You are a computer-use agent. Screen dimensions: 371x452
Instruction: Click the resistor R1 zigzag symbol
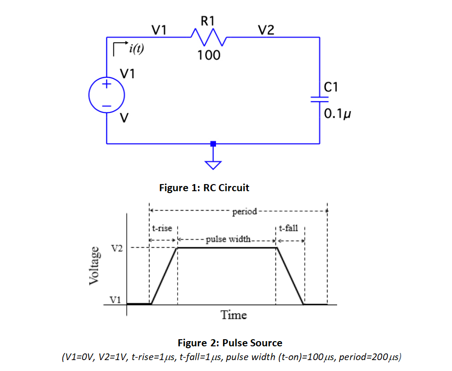coord(208,36)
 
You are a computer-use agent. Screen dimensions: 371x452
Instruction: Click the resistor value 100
coord(209,56)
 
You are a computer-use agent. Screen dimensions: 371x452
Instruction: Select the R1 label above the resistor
coord(208,20)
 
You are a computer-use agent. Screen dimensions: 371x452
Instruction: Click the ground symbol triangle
coord(213,165)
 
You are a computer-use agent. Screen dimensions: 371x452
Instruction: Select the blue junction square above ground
coord(213,143)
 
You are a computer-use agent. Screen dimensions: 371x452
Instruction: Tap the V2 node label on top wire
coord(266,31)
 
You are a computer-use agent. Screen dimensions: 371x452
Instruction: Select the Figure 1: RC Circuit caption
coord(204,188)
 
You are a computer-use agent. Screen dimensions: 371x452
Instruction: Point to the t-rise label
coord(162,228)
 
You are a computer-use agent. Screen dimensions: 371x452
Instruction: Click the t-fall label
coord(288,228)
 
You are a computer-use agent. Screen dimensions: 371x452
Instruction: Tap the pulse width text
coord(227,239)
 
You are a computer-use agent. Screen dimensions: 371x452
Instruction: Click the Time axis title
coord(234,315)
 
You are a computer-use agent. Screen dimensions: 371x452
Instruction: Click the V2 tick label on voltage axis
coord(117,248)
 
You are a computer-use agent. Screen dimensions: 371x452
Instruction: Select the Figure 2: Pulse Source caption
coord(230,343)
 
